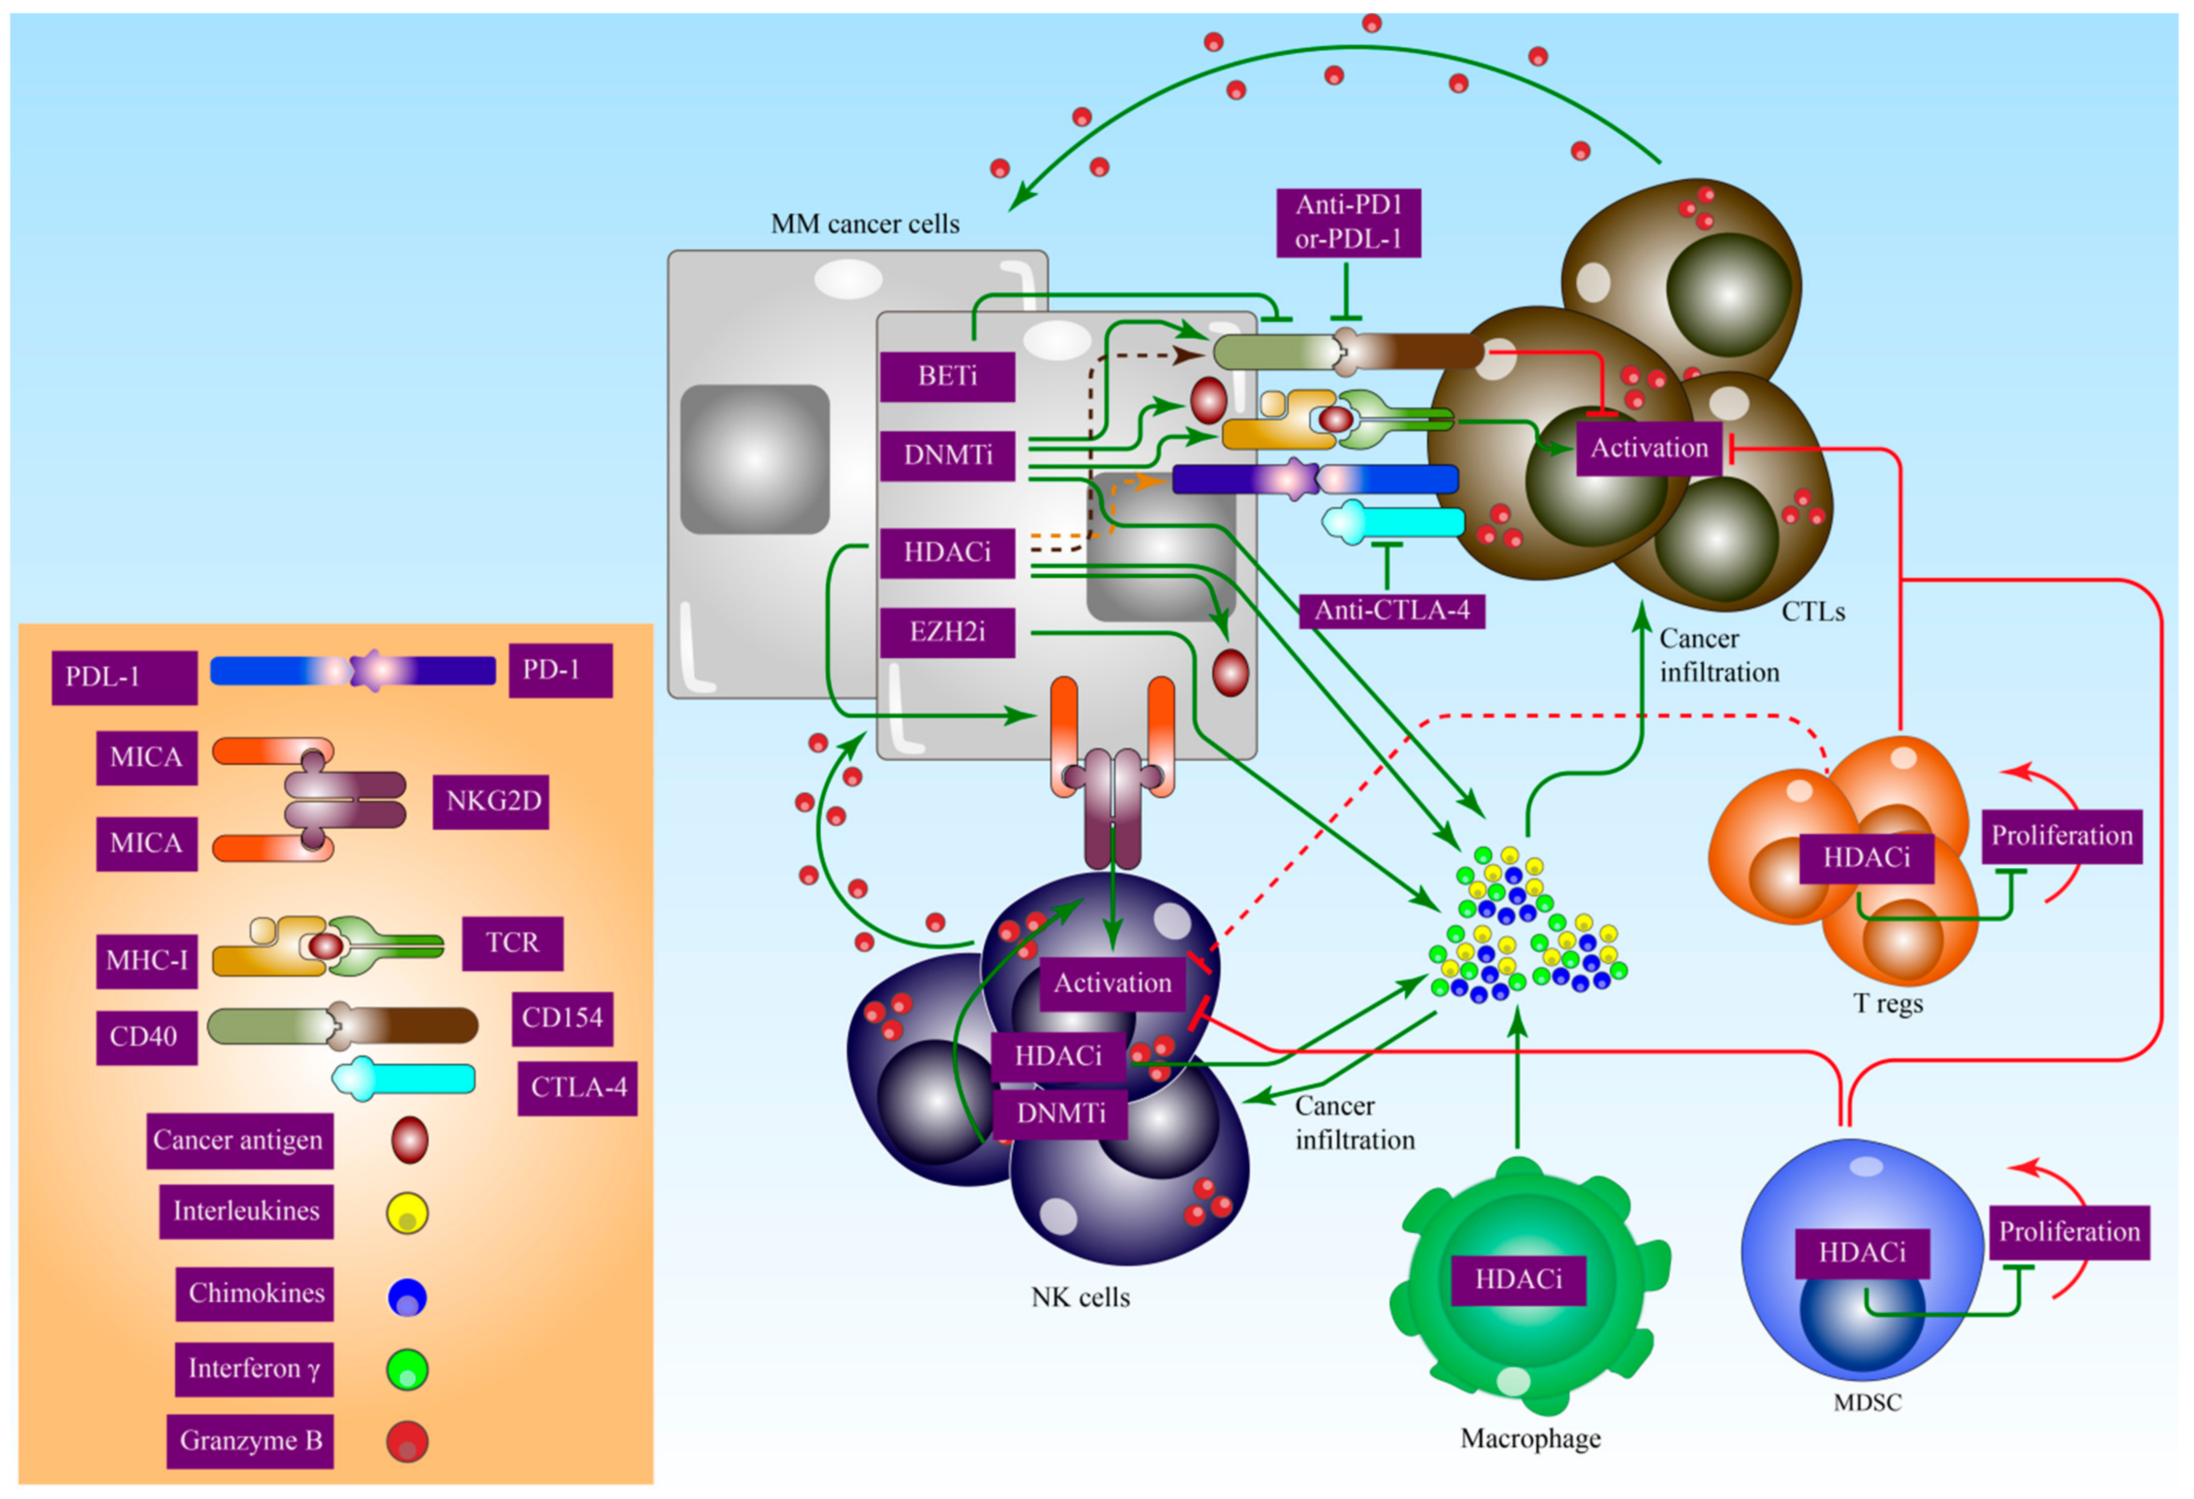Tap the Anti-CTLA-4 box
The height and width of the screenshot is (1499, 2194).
pyautogui.click(x=1392, y=611)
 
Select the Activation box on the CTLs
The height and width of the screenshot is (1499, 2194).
pyautogui.click(x=1649, y=448)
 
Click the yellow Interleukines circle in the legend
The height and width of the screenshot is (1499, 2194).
pyautogui.click(x=407, y=1213)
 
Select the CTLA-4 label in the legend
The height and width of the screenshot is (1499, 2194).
pyautogui.click(x=578, y=1088)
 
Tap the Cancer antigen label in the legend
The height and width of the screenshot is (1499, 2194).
pyautogui.click(x=239, y=1141)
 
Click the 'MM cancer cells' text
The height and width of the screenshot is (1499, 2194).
pyautogui.click(x=865, y=224)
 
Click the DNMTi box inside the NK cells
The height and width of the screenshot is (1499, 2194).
pyautogui.click(x=1061, y=1114)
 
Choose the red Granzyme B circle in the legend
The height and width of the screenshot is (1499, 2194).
pyautogui.click(x=407, y=1442)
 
